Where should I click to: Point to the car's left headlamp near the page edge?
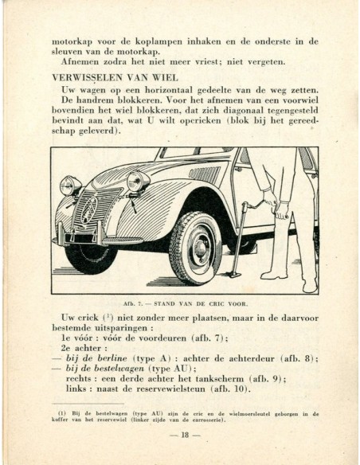pyautogui.click(x=70, y=185)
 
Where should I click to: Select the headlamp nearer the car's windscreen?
pyautogui.click(x=139, y=182)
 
